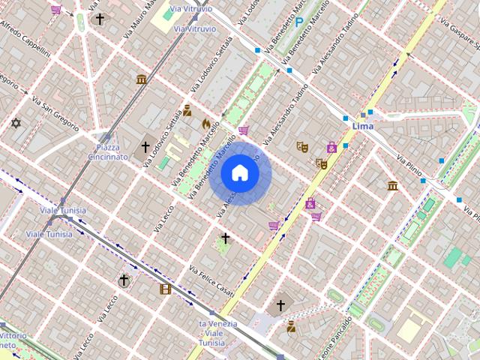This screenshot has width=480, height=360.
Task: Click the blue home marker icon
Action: tap(239, 172)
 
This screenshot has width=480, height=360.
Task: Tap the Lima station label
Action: tap(362, 127)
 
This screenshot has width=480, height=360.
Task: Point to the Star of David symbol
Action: tap(16, 123)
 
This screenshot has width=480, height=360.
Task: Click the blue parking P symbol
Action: tap(299, 22)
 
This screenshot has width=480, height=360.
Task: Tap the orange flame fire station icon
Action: tap(206, 123)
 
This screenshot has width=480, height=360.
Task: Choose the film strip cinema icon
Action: tap(165, 288)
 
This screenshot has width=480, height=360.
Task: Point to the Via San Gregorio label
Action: tap(55, 112)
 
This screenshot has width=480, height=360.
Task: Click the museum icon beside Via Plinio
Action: tap(392, 185)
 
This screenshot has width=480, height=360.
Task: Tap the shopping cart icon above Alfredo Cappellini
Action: tap(56, 10)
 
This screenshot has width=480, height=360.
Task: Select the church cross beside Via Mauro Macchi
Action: tap(100, 19)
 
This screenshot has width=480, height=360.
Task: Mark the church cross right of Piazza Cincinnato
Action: tap(146, 147)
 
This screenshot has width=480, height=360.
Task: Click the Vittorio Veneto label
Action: tap(13, 340)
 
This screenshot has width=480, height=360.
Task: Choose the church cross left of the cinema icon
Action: tap(124, 280)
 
